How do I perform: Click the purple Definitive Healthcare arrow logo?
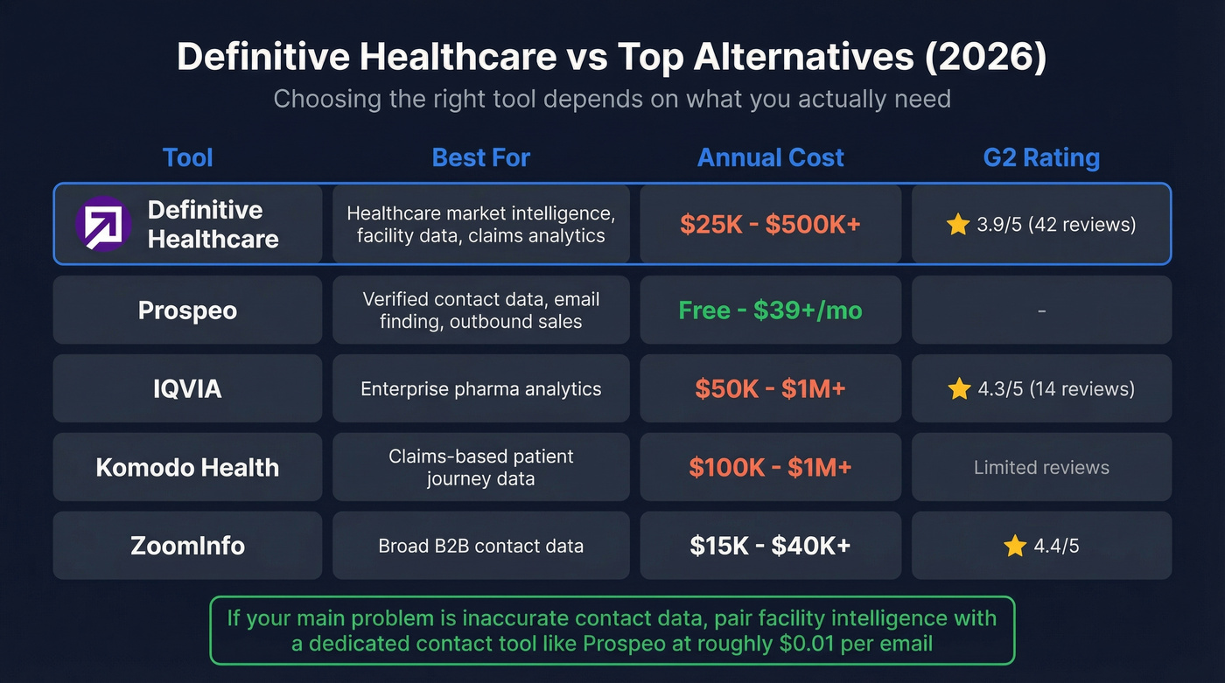coord(103,224)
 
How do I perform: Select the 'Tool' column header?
coord(187,157)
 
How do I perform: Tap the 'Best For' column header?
coord(480,157)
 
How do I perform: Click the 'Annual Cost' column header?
coord(770,157)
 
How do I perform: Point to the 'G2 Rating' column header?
coord(1041,157)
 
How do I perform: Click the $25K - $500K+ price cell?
coord(770,224)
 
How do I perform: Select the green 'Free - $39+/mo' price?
coord(770,310)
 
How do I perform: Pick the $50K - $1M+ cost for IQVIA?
coord(770,388)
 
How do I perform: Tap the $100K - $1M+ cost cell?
coord(770,467)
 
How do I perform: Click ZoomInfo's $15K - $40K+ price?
coord(770,546)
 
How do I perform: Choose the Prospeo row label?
coord(187,310)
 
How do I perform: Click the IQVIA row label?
coord(187,388)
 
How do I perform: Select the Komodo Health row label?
coord(187,467)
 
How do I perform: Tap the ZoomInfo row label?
coord(187,546)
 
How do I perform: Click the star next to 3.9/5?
coord(958,224)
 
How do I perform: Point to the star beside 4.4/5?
coord(1015,546)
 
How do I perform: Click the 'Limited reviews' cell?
coord(1041,467)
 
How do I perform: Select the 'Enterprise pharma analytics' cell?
coord(480,388)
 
